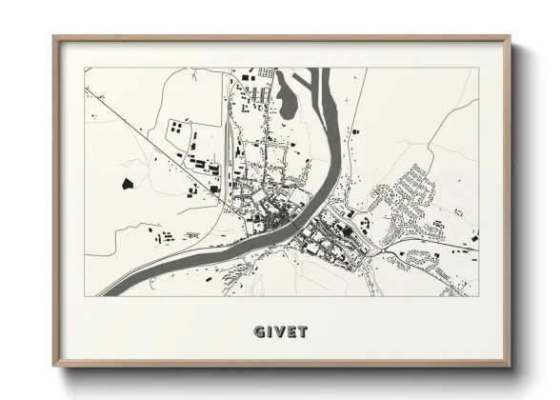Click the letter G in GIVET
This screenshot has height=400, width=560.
point(258,332)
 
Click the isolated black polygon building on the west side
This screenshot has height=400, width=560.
point(126,181)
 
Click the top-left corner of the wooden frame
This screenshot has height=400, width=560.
point(54,38)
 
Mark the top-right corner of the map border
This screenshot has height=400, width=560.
point(478,68)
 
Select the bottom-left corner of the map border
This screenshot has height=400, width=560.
point(85,295)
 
